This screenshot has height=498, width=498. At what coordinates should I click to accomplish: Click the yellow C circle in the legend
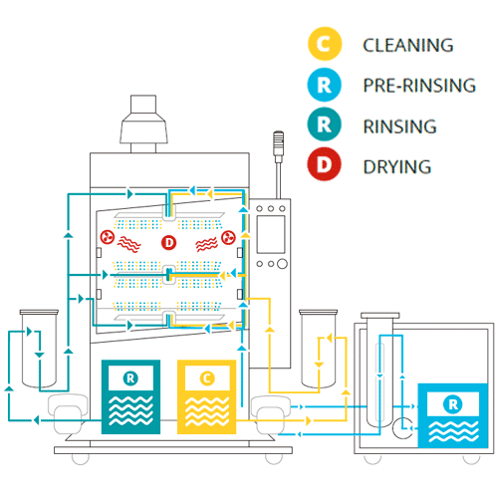click(325, 44)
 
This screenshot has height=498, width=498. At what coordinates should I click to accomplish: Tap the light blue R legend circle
click(325, 85)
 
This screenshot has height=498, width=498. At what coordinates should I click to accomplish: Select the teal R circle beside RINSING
click(325, 124)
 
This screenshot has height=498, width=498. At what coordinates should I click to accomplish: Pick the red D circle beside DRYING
click(325, 164)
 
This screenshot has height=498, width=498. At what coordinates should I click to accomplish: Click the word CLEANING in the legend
click(408, 45)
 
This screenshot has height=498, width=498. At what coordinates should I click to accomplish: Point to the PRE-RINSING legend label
click(419, 86)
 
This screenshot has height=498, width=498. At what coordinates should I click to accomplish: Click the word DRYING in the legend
click(397, 166)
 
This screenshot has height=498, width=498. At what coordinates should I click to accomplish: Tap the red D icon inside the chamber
click(168, 243)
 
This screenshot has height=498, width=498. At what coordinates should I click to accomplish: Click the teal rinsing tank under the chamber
click(130, 396)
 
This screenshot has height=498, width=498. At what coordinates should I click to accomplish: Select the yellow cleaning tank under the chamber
click(206, 396)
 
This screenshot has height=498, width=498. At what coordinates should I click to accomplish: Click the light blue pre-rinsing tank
click(453, 416)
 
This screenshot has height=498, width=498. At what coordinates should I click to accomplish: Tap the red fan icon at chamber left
click(108, 237)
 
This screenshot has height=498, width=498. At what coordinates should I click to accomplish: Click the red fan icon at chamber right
click(228, 237)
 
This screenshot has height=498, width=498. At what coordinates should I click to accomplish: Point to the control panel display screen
click(271, 234)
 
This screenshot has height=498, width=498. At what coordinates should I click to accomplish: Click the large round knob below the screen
click(282, 264)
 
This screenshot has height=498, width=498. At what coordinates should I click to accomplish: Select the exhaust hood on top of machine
click(143, 124)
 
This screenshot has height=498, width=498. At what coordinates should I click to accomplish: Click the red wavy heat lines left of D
click(129, 244)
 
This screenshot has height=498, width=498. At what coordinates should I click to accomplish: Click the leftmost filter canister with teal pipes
click(39, 349)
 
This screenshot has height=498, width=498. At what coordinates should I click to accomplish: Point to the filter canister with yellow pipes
click(318, 349)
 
